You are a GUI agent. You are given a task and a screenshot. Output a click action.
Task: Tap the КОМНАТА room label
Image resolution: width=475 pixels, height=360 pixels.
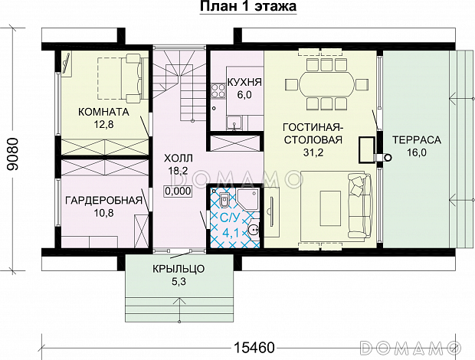point(103,112)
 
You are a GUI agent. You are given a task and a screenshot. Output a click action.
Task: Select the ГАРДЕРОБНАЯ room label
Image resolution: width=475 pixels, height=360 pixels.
point(103,201)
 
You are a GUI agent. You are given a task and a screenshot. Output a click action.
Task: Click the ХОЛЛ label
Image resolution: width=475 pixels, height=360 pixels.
point(179,159)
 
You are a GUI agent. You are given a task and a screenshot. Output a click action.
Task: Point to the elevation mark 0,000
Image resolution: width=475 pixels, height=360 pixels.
point(178,191)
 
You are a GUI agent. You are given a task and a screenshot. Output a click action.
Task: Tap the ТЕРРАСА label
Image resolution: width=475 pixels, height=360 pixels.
point(416,140)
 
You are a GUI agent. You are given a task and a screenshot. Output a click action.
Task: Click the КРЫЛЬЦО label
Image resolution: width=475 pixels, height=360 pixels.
point(177,270)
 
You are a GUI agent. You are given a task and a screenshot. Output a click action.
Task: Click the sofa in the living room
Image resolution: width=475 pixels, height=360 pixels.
point(359,205)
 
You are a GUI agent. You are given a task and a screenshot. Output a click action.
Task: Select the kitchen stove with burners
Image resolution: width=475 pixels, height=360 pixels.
point(217,90)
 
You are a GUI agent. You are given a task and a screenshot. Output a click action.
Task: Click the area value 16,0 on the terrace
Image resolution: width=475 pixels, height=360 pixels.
point(416,154)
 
